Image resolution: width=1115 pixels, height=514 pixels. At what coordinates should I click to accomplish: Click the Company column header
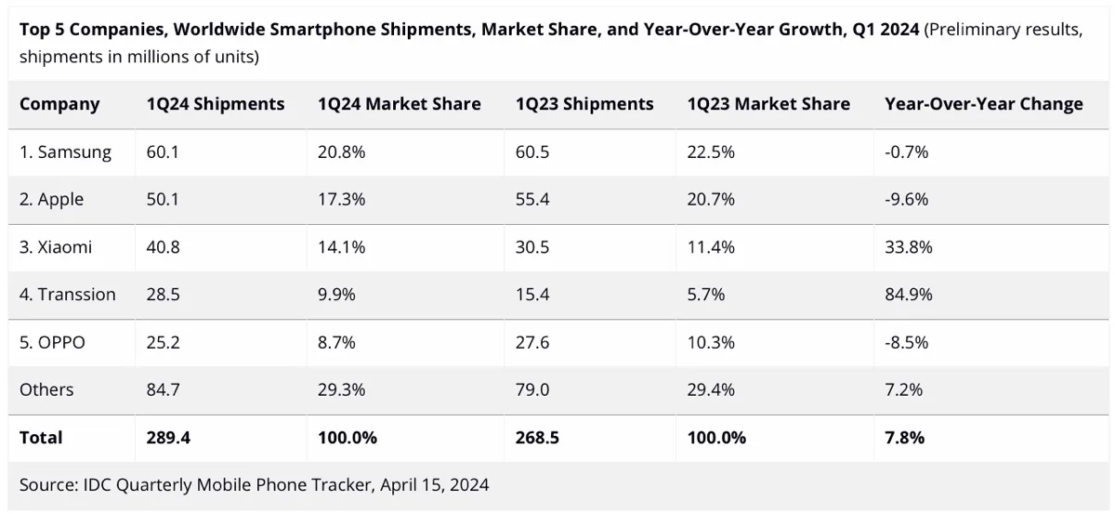(59, 104)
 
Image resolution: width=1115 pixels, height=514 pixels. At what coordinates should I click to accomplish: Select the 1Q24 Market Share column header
(400, 104)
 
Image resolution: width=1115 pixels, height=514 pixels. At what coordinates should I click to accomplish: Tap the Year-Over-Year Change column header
(984, 104)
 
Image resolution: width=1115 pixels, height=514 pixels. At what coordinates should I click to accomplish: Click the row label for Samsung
(65, 152)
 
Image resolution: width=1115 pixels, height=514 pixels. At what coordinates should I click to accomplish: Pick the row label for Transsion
(68, 295)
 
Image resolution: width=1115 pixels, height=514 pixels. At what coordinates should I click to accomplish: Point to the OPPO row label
(52, 342)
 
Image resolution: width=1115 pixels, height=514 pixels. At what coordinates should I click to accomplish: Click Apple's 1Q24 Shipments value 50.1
(163, 200)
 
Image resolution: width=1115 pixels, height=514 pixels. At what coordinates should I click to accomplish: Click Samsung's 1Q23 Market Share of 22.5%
(711, 152)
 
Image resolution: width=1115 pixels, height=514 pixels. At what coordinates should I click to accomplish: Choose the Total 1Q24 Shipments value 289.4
(168, 437)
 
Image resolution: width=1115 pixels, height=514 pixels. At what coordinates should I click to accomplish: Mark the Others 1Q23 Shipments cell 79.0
(532, 389)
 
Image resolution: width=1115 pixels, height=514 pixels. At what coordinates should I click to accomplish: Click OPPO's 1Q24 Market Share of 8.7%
(336, 342)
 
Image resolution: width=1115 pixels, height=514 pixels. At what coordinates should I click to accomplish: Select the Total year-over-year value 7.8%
(905, 437)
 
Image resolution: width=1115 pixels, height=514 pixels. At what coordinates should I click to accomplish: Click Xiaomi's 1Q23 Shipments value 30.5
(532, 247)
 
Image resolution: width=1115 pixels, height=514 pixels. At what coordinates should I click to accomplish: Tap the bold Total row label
(41, 437)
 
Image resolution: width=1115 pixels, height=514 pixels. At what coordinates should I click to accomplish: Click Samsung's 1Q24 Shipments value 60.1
(163, 152)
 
